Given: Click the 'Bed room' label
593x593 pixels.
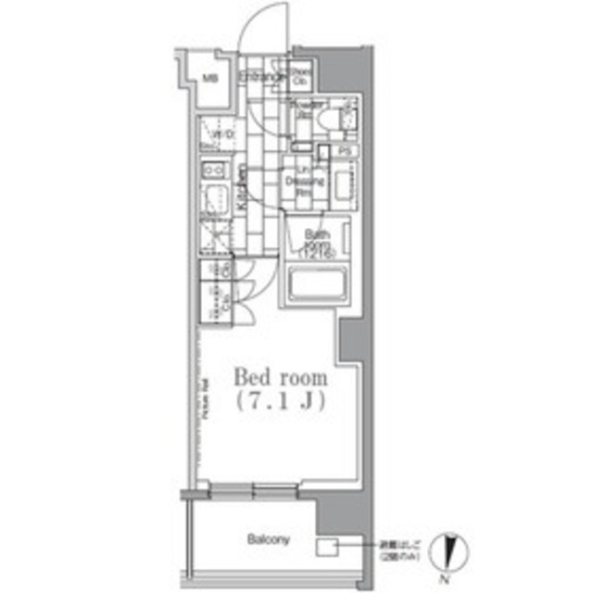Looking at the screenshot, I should (x=280, y=378).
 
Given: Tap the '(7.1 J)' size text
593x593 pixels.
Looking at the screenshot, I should (x=280, y=402).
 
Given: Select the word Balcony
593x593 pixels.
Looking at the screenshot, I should (x=269, y=539).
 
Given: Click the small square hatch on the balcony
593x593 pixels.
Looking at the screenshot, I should (x=327, y=548).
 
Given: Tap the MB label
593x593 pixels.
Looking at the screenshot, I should (x=211, y=80).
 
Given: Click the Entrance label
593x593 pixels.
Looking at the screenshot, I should (x=259, y=78).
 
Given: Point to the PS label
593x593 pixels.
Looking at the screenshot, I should (x=343, y=151).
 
